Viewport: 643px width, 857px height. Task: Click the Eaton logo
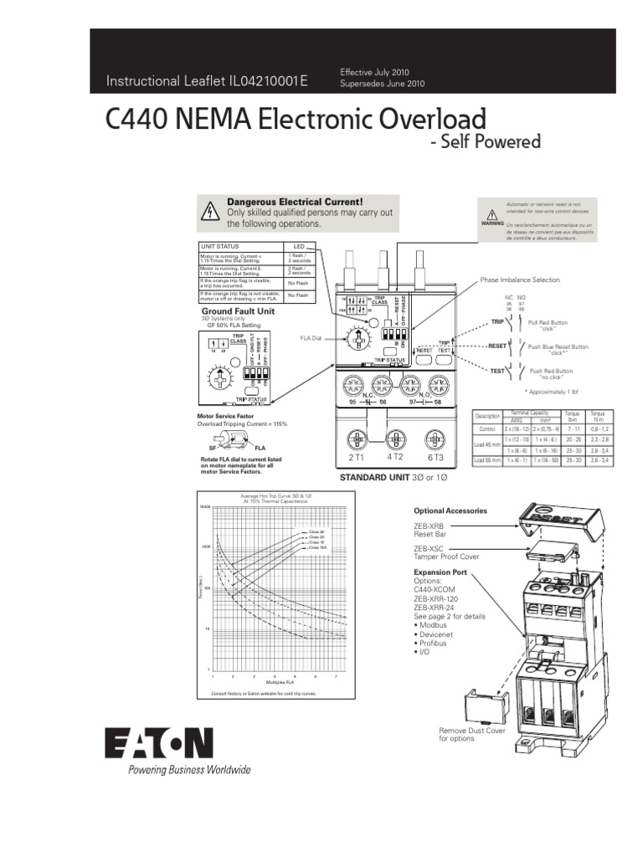tap(159, 743)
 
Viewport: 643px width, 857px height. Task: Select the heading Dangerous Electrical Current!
tap(296, 203)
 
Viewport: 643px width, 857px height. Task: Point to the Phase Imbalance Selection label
tap(520, 280)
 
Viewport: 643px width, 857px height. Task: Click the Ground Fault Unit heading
tap(237, 310)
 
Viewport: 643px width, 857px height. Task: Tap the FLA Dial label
tap(311, 339)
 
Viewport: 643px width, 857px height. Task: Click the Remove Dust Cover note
tap(464, 734)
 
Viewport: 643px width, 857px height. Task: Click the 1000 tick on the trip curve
tap(205, 547)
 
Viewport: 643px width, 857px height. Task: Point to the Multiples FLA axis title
tap(276, 684)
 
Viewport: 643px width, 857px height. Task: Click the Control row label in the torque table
tap(486, 428)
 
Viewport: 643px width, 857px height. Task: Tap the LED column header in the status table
tap(299, 246)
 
